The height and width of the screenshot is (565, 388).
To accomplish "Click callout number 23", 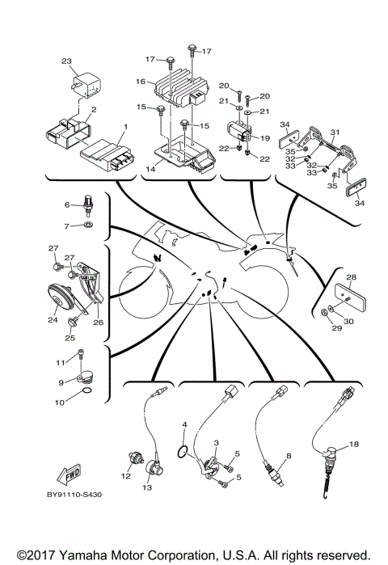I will point(66,61).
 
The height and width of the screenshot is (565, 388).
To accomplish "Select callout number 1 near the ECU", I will point(125,127).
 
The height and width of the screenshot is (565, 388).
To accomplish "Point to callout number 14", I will point(150,170).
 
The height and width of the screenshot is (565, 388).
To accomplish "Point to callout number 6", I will point(68,205).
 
